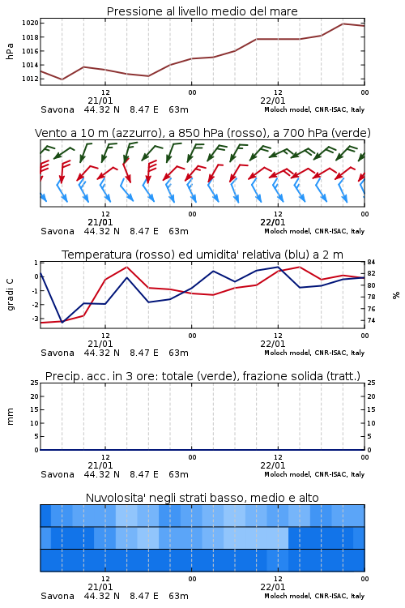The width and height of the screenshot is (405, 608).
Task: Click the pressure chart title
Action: coord(202,11)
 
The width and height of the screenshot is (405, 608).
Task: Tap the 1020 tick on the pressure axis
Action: coord(30,23)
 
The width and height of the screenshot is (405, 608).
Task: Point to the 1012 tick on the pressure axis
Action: coord(30,79)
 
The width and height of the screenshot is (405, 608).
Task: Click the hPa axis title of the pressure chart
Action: coord(10,51)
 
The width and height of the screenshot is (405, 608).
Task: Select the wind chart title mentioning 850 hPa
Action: coord(202,133)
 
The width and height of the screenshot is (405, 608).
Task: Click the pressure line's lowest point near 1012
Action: coord(62,79)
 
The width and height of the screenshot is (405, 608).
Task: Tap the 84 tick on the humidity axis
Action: coord(372,262)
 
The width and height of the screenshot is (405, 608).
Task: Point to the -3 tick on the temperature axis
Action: coord(35,319)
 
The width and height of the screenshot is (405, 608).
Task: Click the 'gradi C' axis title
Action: coord(10,294)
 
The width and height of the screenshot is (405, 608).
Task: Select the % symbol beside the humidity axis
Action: coord(396,295)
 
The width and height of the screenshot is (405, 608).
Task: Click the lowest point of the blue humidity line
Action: coord(62,322)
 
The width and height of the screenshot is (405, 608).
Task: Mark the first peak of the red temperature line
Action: coord(126,267)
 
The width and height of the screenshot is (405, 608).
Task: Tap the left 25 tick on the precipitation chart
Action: coord(35,383)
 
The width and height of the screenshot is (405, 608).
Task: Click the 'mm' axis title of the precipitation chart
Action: coord(10,417)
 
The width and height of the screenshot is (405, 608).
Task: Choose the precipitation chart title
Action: coord(202,376)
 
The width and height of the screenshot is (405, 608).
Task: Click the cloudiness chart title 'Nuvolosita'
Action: coord(202,498)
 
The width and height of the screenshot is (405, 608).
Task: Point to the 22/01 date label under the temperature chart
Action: coord(273,344)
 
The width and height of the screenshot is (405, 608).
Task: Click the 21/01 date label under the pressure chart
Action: coord(100,101)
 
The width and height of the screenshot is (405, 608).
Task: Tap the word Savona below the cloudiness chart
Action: coord(58,596)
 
